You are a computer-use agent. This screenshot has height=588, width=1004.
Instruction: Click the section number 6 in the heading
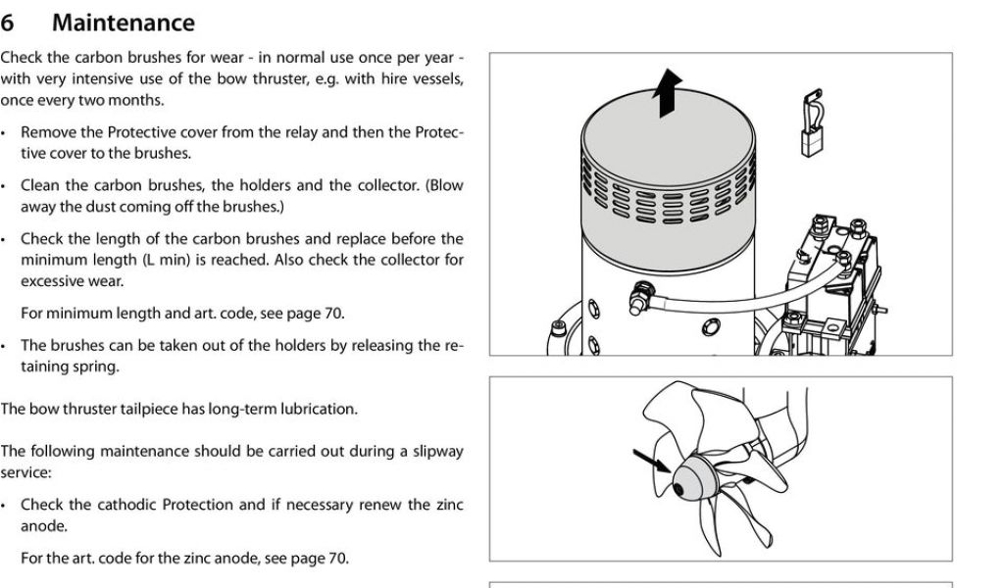(9, 22)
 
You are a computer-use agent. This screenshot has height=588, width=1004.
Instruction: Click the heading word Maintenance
(124, 22)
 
